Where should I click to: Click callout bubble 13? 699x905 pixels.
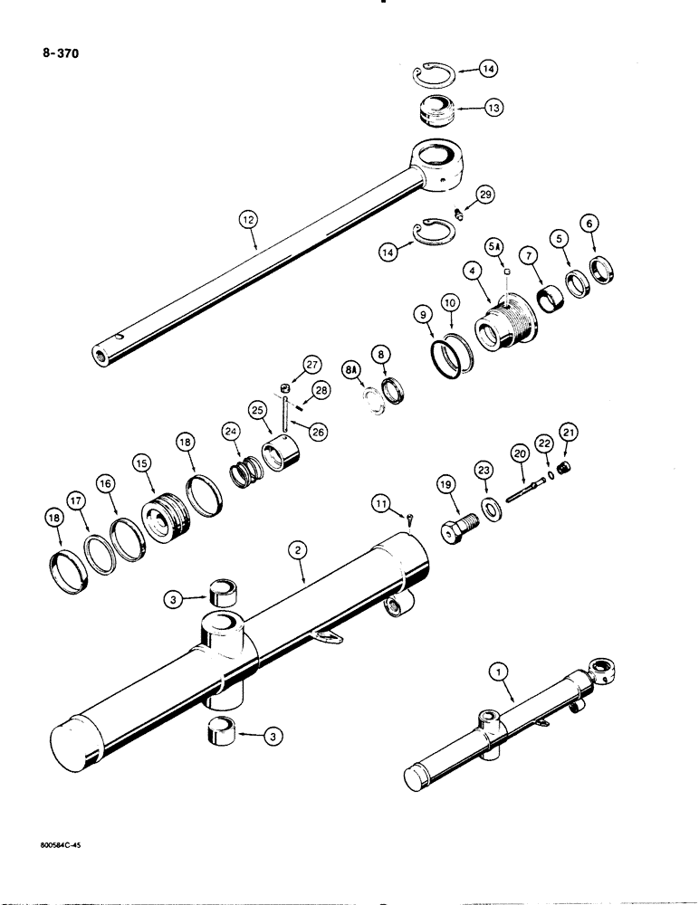(493, 107)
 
